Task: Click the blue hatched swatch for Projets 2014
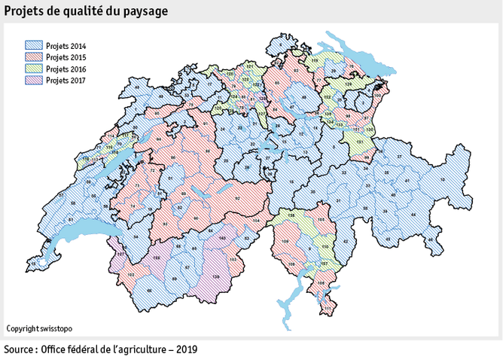34,47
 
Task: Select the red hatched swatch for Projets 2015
34,57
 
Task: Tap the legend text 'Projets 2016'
66,69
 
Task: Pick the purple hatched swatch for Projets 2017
34,79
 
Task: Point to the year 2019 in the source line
187,350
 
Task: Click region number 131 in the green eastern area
360,141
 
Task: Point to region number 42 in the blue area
345,240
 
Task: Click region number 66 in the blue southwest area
149,291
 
